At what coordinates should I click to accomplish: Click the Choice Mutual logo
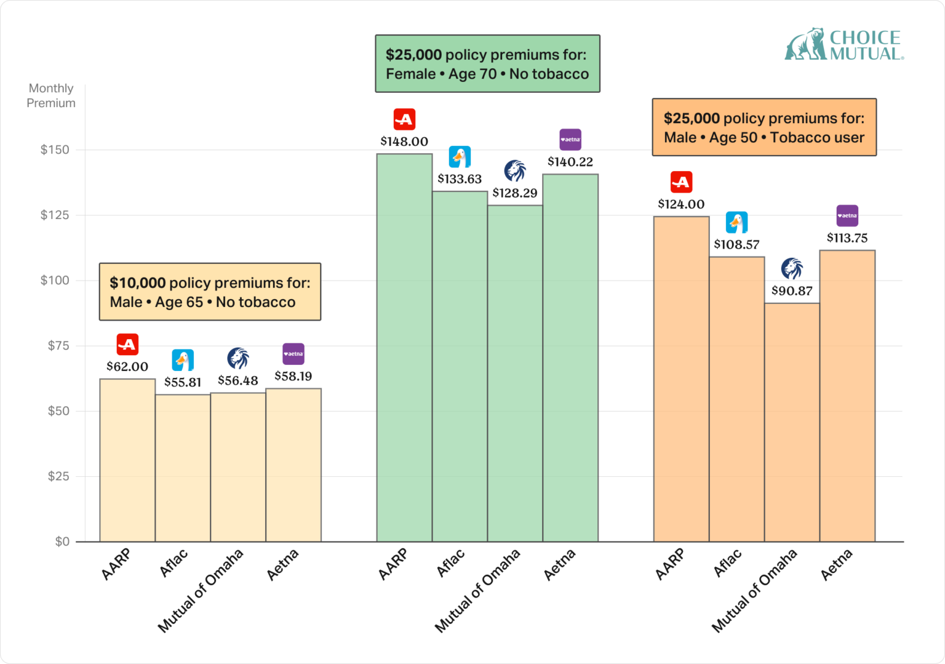(x=844, y=44)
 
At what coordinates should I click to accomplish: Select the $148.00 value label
(x=404, y=142)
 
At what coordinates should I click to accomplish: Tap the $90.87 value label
(x=792, y=291)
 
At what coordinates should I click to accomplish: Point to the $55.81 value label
(x=183, y=382)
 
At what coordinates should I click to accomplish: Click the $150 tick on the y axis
(x=55, y=150)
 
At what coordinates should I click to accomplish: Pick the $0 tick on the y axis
(x=62, y=542)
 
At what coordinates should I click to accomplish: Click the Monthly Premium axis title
(x=51, y=96)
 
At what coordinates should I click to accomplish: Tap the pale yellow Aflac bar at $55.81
(x=183, y=468)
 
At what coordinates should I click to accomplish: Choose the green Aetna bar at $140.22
(x=570, y=358)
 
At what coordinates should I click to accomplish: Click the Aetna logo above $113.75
(x=847, y=216)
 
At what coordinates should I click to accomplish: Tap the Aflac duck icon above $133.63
(x=460, y=157)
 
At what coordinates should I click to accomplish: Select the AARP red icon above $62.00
(x=127, y=345)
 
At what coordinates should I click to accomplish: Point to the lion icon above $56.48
(x=238, y=358)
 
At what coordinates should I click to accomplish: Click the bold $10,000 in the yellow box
(x=137, y=283)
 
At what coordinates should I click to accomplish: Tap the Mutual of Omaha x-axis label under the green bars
(x=478, y=590)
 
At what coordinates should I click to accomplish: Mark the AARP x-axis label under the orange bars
(x=670, y=564)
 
